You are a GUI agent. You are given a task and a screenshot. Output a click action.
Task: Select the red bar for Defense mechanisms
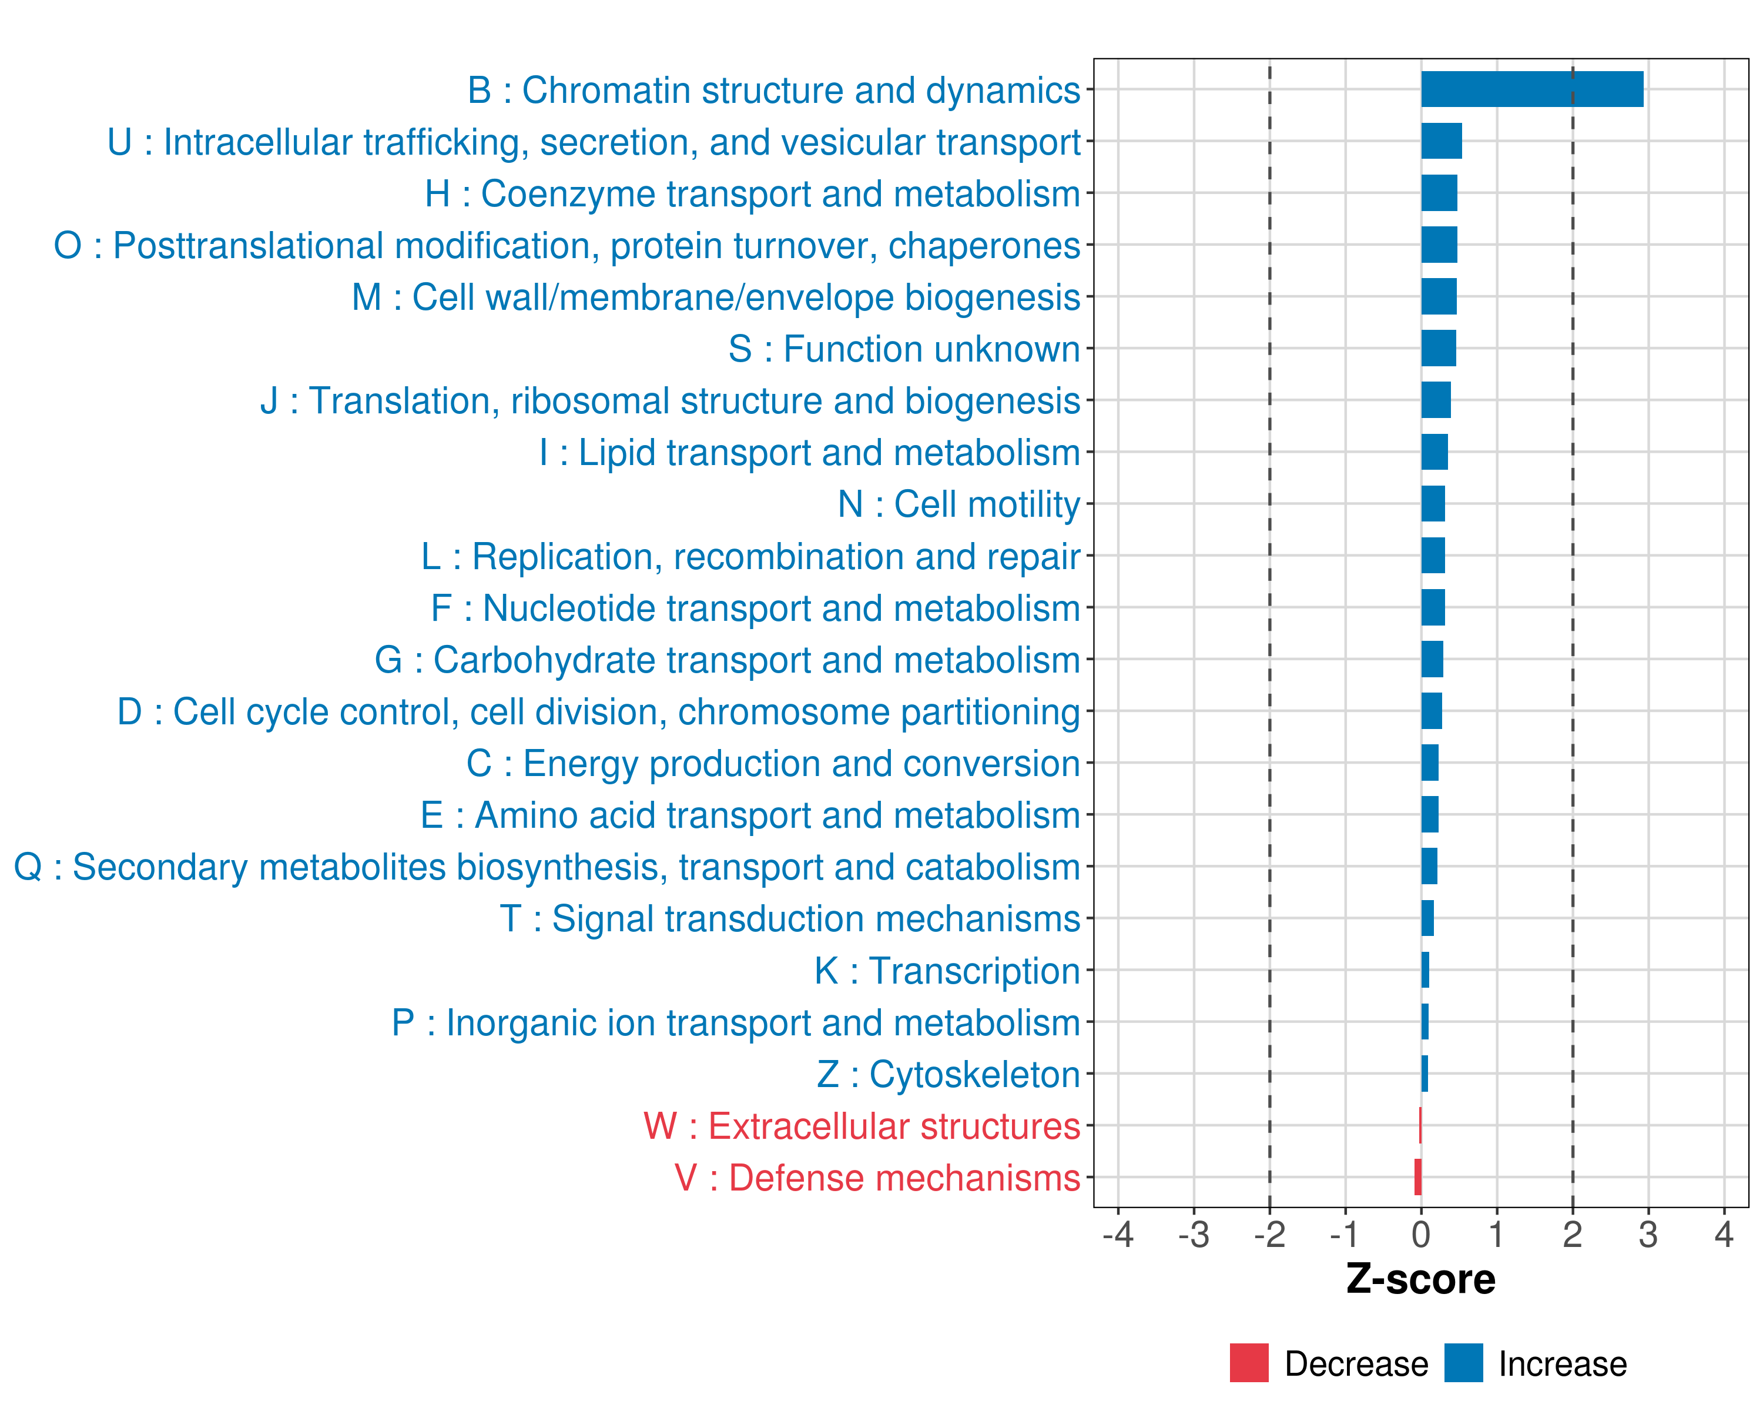click(x=1418, y=1177)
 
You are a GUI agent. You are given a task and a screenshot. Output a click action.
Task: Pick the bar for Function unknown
click(x=1439, y=349)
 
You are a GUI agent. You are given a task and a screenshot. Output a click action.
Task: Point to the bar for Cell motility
click(x=1433, y=504)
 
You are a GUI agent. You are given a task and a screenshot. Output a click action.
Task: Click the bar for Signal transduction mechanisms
click(x=1427, y=918)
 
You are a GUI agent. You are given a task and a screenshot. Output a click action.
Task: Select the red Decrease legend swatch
click(x=1249, y=1363)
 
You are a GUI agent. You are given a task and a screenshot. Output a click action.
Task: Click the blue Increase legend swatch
click(x=1463, y=1363)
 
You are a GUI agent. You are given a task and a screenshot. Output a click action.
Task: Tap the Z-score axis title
click(x=1420, y=1279)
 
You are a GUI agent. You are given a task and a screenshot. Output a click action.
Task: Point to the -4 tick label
click(x=1118, y=1234)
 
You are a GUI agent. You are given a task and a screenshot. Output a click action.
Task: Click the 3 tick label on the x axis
click(x=1648, y=1234)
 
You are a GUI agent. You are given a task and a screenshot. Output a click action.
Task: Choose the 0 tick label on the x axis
click(x=1421, y=1234)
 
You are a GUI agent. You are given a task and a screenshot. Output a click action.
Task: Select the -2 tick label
click(x=1269, y=1234)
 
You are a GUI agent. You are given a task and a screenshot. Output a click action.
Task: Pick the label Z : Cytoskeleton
click(x=948, y=1075)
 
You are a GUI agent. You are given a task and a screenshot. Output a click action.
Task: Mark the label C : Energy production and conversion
click(x=773, y=764)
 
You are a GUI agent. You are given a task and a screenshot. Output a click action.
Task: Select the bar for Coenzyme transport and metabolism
click(x=1439, y=193)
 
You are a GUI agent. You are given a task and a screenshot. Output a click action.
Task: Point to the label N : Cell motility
click(x=959, y=504)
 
